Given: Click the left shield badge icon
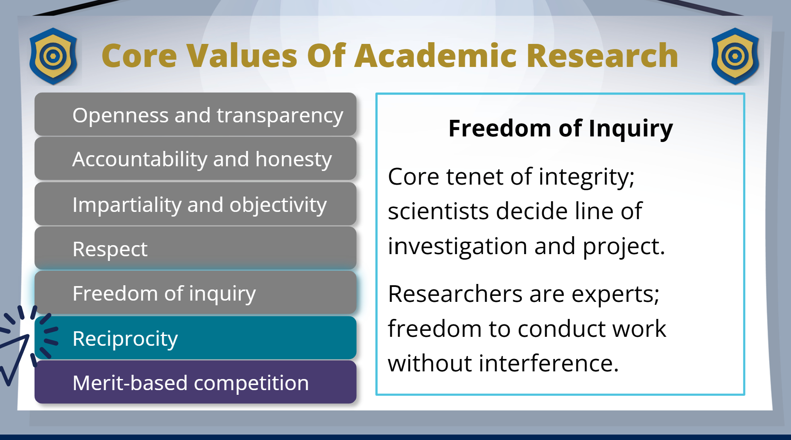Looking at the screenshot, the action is pyautogui.click(x=53, y=56).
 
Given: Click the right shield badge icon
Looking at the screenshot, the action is pyautogui.click(x=735, y=56).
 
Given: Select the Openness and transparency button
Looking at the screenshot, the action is pyautogui.click(x=196, y=114).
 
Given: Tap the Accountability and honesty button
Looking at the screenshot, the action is pyautogui.click(x=196, y=159).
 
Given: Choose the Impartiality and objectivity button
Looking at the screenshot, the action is pyautogui.click(x=196, y=204).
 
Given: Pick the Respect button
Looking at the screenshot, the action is pyautogui.click(x=196, y=248).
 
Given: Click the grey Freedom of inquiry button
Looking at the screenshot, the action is pyautogui.click(x=196, y=293).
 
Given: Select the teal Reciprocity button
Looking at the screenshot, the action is pyautogui.click(x=196, y=338).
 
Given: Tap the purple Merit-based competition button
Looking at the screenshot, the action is pyautogui.click(x=196, y=382).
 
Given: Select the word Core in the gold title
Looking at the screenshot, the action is pyautogui.click(x=139, y=56).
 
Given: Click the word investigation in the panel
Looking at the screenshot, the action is pyautogui.click(x=458, y=246).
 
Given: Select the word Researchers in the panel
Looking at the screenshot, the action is pyautogui.click(x=455, y=294).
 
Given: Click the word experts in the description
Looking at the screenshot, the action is pyautogui.click(x=615, y=295).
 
